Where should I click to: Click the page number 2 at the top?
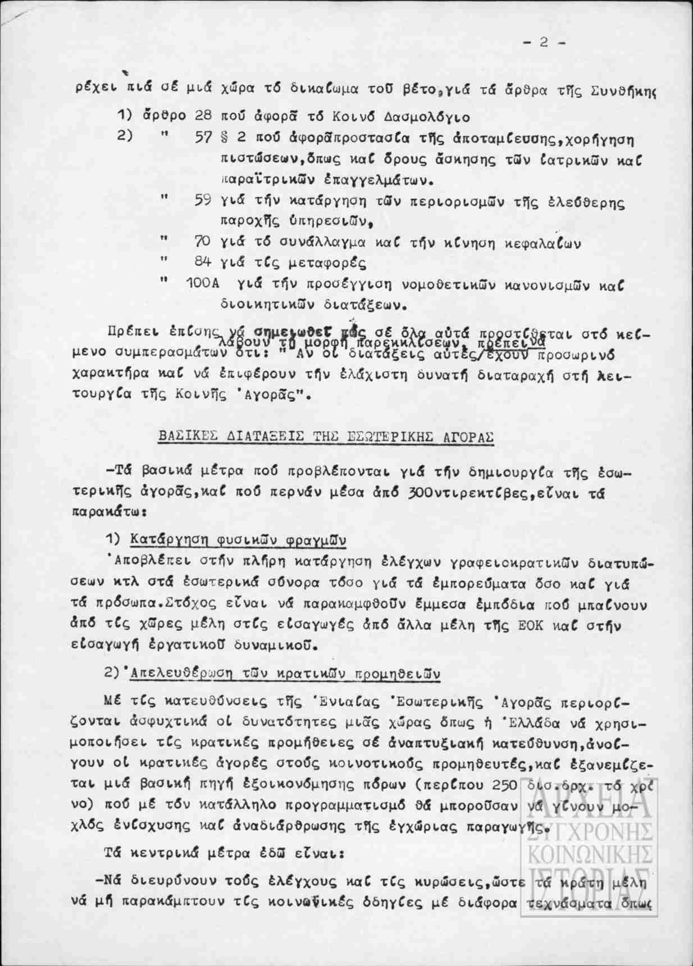coord(543,43)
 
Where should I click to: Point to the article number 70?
coord(202,242)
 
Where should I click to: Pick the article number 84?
coord(202,263)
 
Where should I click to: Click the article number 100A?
coord(202,285)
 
